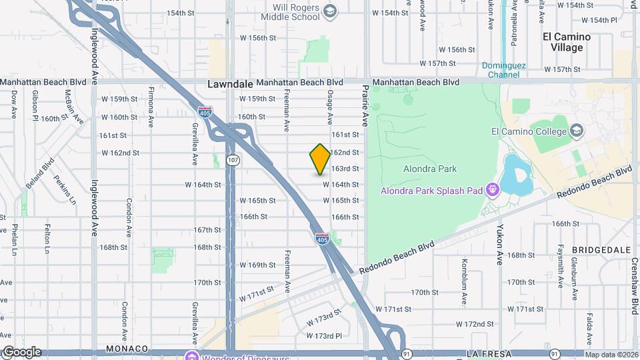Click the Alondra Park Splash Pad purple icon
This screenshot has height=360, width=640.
[x=493, y=189]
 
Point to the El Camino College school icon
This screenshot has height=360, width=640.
[x=577, y=130]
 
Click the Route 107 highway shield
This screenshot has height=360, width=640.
[x=232, y=160]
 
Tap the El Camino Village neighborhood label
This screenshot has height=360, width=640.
[x=563, y=42]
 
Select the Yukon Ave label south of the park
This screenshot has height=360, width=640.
[x=499, y=238]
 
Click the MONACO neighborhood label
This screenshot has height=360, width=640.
[x=127, y=349]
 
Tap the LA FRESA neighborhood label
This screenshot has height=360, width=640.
[x=490, y=352]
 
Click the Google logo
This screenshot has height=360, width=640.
[x=21, y=352]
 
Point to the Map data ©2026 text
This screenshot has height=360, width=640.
[x=611, y=355]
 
